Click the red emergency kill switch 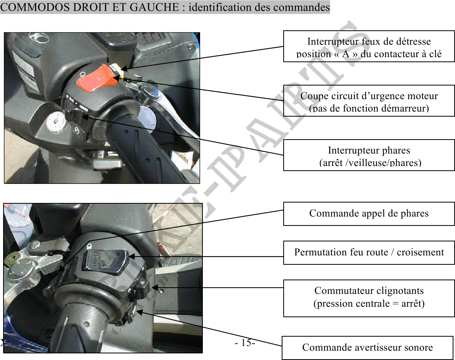click(x=97, y=78)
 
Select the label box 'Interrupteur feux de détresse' click(x=369, y=46)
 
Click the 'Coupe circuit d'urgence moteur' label click(x=369, y=101)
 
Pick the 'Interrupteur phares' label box click(x=369, y=155)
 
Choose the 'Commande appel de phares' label click(x=369, y=214)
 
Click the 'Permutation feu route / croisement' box click(x=369, y=252)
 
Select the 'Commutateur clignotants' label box click(x=369, y=298)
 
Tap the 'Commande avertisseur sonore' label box click(x=367, y=348)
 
